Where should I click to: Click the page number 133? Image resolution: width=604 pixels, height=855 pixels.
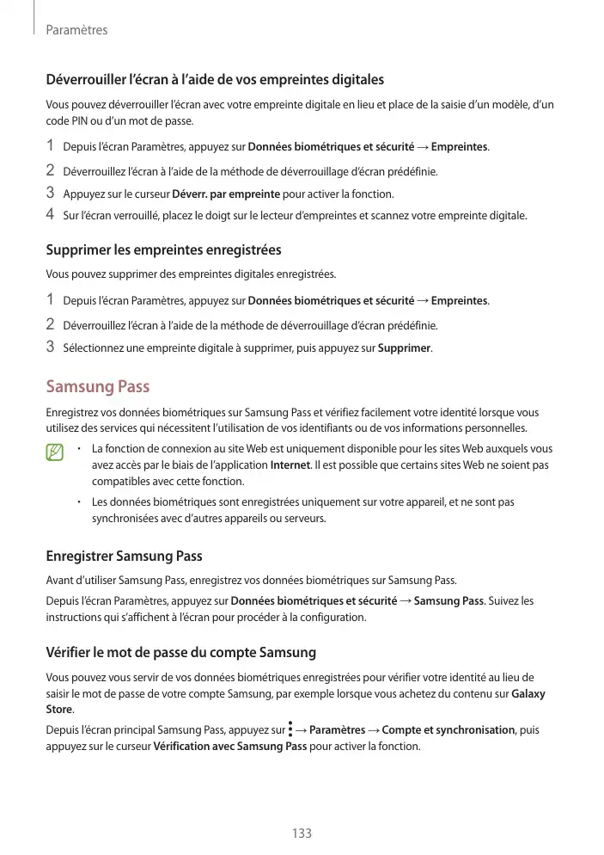[x=302, y=833]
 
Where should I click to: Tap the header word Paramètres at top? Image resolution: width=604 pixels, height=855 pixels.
[x=76, y=30]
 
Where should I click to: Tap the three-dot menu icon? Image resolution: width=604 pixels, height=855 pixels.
[x=290, y=730]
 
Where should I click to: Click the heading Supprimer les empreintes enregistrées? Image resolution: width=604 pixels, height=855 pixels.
[x=163, y=250]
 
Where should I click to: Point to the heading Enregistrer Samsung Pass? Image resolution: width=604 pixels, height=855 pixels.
[x=124, y=556]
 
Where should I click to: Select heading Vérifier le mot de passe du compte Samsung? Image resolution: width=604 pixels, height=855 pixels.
[x=180, y=652]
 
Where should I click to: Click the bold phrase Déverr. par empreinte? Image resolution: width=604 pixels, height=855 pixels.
[x=226, y=194]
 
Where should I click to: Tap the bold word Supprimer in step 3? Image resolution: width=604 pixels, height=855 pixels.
[x=405, y=348]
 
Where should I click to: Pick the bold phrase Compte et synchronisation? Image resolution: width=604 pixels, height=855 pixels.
[x=448, y=730]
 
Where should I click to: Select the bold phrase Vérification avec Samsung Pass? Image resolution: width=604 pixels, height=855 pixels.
[x=229, y=746]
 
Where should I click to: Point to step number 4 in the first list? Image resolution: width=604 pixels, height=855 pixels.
[x=51, y=214]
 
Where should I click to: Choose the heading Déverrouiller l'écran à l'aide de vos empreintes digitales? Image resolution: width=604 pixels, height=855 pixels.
[x=215, y=80]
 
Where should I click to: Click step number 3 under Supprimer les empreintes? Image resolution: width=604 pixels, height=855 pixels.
[x=51, y=348]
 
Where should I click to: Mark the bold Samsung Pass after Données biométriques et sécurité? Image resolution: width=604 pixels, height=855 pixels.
[x=448, y=600]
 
